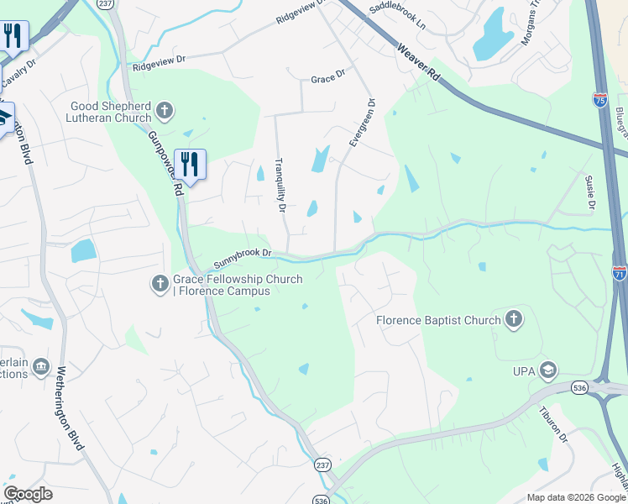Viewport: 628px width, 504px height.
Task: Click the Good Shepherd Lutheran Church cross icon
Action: tap(165, 110)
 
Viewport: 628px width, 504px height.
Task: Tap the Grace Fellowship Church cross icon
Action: tap(160, 285)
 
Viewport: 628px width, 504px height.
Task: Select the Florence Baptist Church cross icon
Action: tap(514, 319)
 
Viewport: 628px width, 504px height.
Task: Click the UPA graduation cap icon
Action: tap(548, 370)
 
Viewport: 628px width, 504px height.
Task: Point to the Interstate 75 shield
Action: tap(599, 100)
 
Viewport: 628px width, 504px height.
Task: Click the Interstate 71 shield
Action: tap(619, 273)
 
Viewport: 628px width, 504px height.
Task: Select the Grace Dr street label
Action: tap(327, 78)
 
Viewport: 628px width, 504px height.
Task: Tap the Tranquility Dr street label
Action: tap(282, 186)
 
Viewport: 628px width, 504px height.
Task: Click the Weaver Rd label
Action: tap(419, 62)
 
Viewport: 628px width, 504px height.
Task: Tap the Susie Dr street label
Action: tap(590, 192)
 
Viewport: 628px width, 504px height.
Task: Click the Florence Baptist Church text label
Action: tap(438, 320)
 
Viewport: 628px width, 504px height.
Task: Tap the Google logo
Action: tap(28, 493)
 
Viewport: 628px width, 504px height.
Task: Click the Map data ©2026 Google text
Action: tap(575, 497)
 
